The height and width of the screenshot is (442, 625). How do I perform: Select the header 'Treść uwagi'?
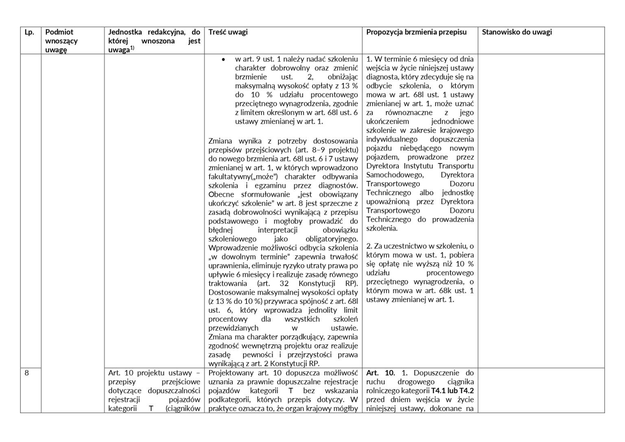[x=228, y=32]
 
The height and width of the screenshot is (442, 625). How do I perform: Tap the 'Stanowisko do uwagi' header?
[x=517, y=32]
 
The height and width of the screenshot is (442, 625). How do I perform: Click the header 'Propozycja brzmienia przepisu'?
[x=416, y=32]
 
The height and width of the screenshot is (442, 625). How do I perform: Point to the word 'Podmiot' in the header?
[x=59, y=32]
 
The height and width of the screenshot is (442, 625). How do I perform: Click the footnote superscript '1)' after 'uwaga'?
[x=132, y=48]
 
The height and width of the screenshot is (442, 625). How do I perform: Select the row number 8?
[x=27, y=372]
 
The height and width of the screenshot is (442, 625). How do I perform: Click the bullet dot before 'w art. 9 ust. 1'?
[x=223, y=59]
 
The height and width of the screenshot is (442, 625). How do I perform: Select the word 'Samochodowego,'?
[x=395, y=175]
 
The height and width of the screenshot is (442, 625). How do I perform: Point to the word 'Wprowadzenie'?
[x=230, y=248]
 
